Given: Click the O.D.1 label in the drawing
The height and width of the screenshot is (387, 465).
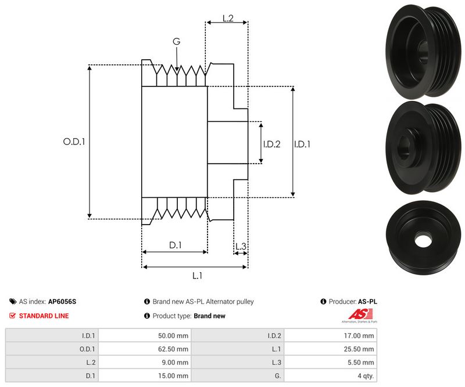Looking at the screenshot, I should (74, 141).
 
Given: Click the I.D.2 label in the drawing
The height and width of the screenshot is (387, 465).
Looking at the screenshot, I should (271, 144).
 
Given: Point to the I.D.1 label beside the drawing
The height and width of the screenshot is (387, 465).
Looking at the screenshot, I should (302, 144).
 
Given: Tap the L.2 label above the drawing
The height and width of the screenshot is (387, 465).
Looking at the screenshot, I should (228, 19).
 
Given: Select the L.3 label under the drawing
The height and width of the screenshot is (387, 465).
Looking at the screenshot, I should (241, 247).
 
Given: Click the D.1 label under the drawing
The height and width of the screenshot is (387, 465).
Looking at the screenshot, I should (176, 245).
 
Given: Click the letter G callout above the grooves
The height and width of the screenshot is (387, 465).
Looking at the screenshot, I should (177, 41).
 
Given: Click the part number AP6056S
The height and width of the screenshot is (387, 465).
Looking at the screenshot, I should (62, 302).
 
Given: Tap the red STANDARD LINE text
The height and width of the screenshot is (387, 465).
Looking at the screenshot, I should (44, 316).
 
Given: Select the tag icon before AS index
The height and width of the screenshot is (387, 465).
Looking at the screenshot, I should (13, 302).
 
